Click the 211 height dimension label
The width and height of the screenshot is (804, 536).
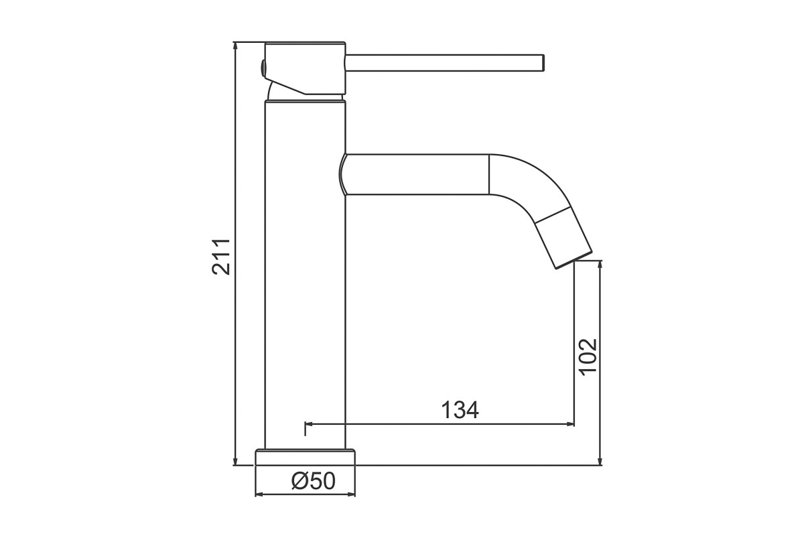(220, 257)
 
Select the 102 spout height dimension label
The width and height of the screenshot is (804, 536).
(588, 357)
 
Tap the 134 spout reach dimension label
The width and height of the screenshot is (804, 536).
(460, 410)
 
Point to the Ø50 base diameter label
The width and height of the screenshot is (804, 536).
(314, 480)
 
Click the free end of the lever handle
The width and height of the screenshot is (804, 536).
(543, 63)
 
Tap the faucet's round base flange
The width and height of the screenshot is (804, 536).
(305, 457)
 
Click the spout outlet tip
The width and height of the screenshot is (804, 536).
(574, 260)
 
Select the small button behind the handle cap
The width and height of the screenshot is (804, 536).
(263, 68)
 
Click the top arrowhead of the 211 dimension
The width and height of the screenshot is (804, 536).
(235, 46)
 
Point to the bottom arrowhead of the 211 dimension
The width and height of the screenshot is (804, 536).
(235, 462)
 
